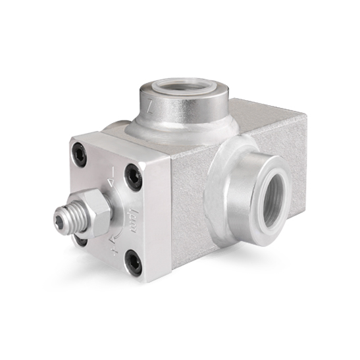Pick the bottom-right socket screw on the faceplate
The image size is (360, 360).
[134, 263]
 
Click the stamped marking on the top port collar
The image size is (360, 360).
[150, 105]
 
